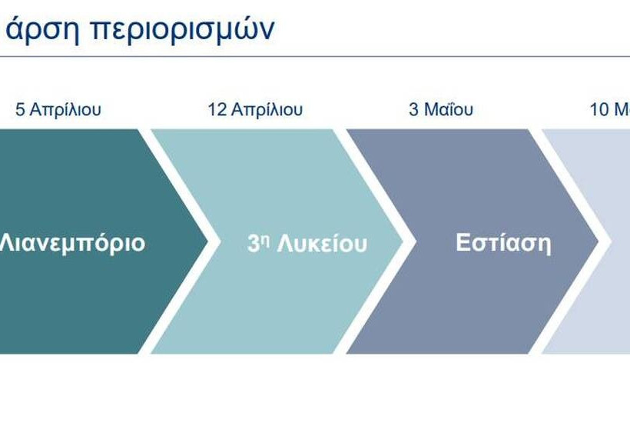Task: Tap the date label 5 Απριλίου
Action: [x=58, y=109]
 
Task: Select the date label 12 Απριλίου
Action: [x=255, y=109]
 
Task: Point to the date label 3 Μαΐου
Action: [x=441, y=109]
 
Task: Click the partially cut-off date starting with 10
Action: [x=609, y=109]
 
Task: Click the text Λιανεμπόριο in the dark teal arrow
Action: [x=72, y=243]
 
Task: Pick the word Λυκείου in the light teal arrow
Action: [x=322, y=244]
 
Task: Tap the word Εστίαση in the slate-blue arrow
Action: [x=503, y=243]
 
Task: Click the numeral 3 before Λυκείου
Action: [x=253, y=244]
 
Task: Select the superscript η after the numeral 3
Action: [x=265, y=240]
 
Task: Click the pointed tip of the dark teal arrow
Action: [x=207, y=241]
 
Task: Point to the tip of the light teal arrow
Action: [x=403, y=241]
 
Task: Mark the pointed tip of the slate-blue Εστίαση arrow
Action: [x=598, y=241]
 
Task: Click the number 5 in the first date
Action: [x=20, y=109]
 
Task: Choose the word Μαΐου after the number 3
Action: [x=449, y=109]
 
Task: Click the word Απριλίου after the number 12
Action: [x=267, y=109]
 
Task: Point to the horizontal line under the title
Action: [x=315, y=57]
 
